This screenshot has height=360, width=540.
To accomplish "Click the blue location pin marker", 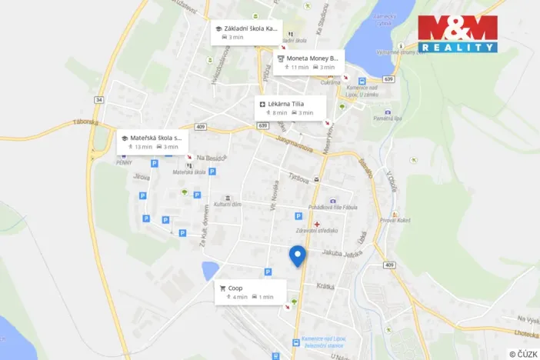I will click(298, 255).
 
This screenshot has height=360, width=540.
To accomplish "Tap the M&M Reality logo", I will click(457, 34).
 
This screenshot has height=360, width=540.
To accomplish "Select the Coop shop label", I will click(235, 288).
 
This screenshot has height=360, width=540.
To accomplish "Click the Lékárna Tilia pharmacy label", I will click(289, 103).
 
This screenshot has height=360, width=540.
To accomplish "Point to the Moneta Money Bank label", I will click(312, 58).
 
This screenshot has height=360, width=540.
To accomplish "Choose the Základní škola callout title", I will click(251, 28).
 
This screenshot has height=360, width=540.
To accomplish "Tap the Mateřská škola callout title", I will click(155, 138).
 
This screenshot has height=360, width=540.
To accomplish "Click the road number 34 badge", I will click(98, 100).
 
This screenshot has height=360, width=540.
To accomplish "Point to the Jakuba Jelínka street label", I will click(342, 252).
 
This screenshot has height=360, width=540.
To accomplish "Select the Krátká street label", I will click(325, 285).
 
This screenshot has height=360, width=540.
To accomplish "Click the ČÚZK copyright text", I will click(522, 353).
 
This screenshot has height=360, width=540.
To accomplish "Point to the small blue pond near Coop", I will click(209, 270).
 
